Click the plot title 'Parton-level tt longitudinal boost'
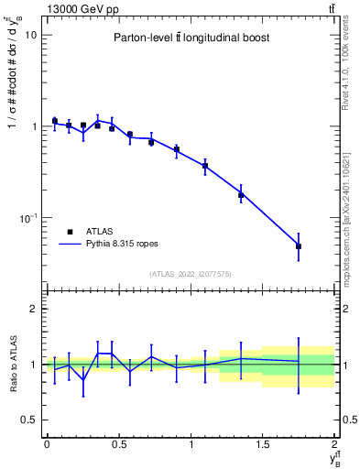189,38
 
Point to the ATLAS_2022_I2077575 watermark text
190,274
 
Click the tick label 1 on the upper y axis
35,126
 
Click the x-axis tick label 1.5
263,443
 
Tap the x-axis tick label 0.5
118,443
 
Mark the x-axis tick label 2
335,443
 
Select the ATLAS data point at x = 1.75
299,246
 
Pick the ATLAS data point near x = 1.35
241,195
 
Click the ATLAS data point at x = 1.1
205,166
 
